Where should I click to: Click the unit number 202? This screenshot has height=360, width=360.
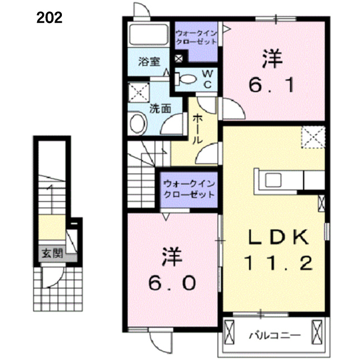coord(49,18)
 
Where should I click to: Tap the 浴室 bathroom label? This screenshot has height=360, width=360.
coord(149,61)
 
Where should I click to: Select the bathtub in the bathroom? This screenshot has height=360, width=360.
coord(148,34)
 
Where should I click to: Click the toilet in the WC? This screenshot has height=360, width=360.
coord(186,79)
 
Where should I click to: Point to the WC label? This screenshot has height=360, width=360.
coord(208,79)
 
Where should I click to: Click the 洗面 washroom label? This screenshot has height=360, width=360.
coord(160,109)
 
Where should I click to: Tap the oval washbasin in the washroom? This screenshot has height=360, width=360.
coord(137,123)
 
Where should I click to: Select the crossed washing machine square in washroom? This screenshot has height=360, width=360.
coord(139,92)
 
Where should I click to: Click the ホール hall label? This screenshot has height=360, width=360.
coord(197,129)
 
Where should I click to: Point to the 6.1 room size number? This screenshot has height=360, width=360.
coord(272,85)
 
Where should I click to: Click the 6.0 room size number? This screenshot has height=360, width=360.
coord(172,282)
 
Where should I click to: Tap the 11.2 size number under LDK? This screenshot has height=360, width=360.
coord(278,263)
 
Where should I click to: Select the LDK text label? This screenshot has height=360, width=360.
coord(278,237)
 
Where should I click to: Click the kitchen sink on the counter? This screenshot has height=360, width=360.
coord(273,180)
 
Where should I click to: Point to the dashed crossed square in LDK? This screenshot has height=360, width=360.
coord(313,137)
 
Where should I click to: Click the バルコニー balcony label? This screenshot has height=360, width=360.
coord(275,336)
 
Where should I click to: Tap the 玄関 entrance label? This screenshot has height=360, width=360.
coord(52,254)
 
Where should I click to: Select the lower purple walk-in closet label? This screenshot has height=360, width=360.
coord(189,189)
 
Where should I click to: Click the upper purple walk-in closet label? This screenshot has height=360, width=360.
coord(196,38)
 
